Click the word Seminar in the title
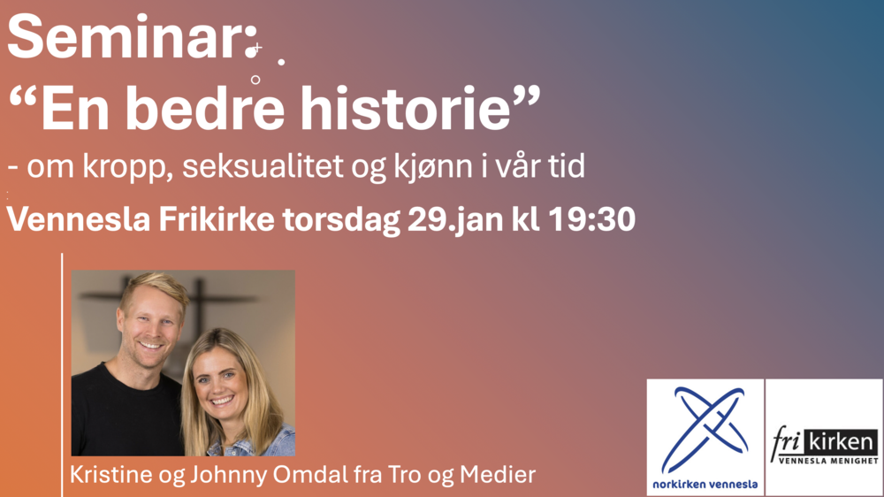(126, 37)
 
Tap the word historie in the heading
(405, 108)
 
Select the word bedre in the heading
(205, 108)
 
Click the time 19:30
(592, 219)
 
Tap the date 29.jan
(455, 219)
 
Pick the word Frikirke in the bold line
(217, 219)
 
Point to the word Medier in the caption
(497, 474)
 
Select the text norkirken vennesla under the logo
(705, 484)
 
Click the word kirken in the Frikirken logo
(841, 441)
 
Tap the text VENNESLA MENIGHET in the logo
(828, 461)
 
